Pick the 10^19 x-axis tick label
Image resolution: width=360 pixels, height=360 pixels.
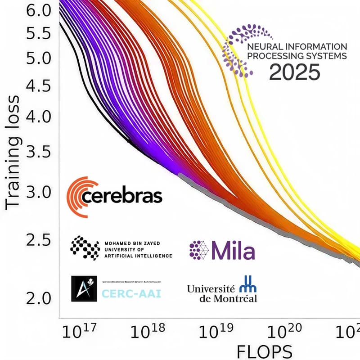[x=215, y=332]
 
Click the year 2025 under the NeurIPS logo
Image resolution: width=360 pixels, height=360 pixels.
[x=295, y=72]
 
